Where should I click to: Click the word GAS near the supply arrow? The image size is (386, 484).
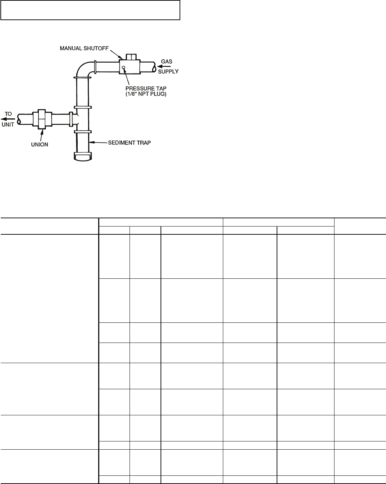coord(166,61)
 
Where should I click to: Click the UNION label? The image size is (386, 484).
coord(39,144)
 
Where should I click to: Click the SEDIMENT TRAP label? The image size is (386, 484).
coord(130,143)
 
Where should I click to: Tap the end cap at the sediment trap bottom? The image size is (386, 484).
coord(82,156)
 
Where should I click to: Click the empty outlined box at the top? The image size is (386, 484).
coord(90,10)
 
